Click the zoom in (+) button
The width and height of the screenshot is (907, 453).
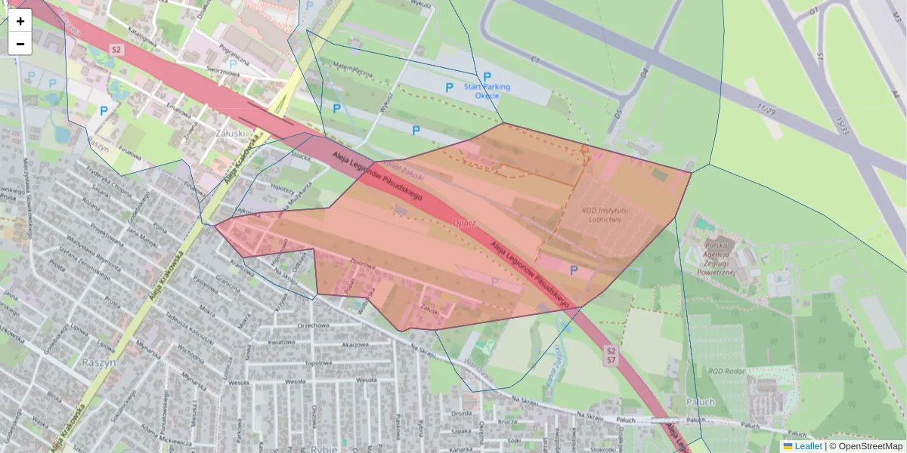[20, 21]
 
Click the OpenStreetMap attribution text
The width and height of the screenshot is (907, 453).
[869, 446]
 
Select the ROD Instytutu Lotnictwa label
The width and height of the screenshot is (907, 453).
[612, 214]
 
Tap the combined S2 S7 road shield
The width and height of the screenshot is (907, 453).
[611, 356]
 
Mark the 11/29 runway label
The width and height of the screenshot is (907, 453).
[766, 110]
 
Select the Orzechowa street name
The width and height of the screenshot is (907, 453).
[316, 326]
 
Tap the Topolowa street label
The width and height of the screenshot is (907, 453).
[318, 363]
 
